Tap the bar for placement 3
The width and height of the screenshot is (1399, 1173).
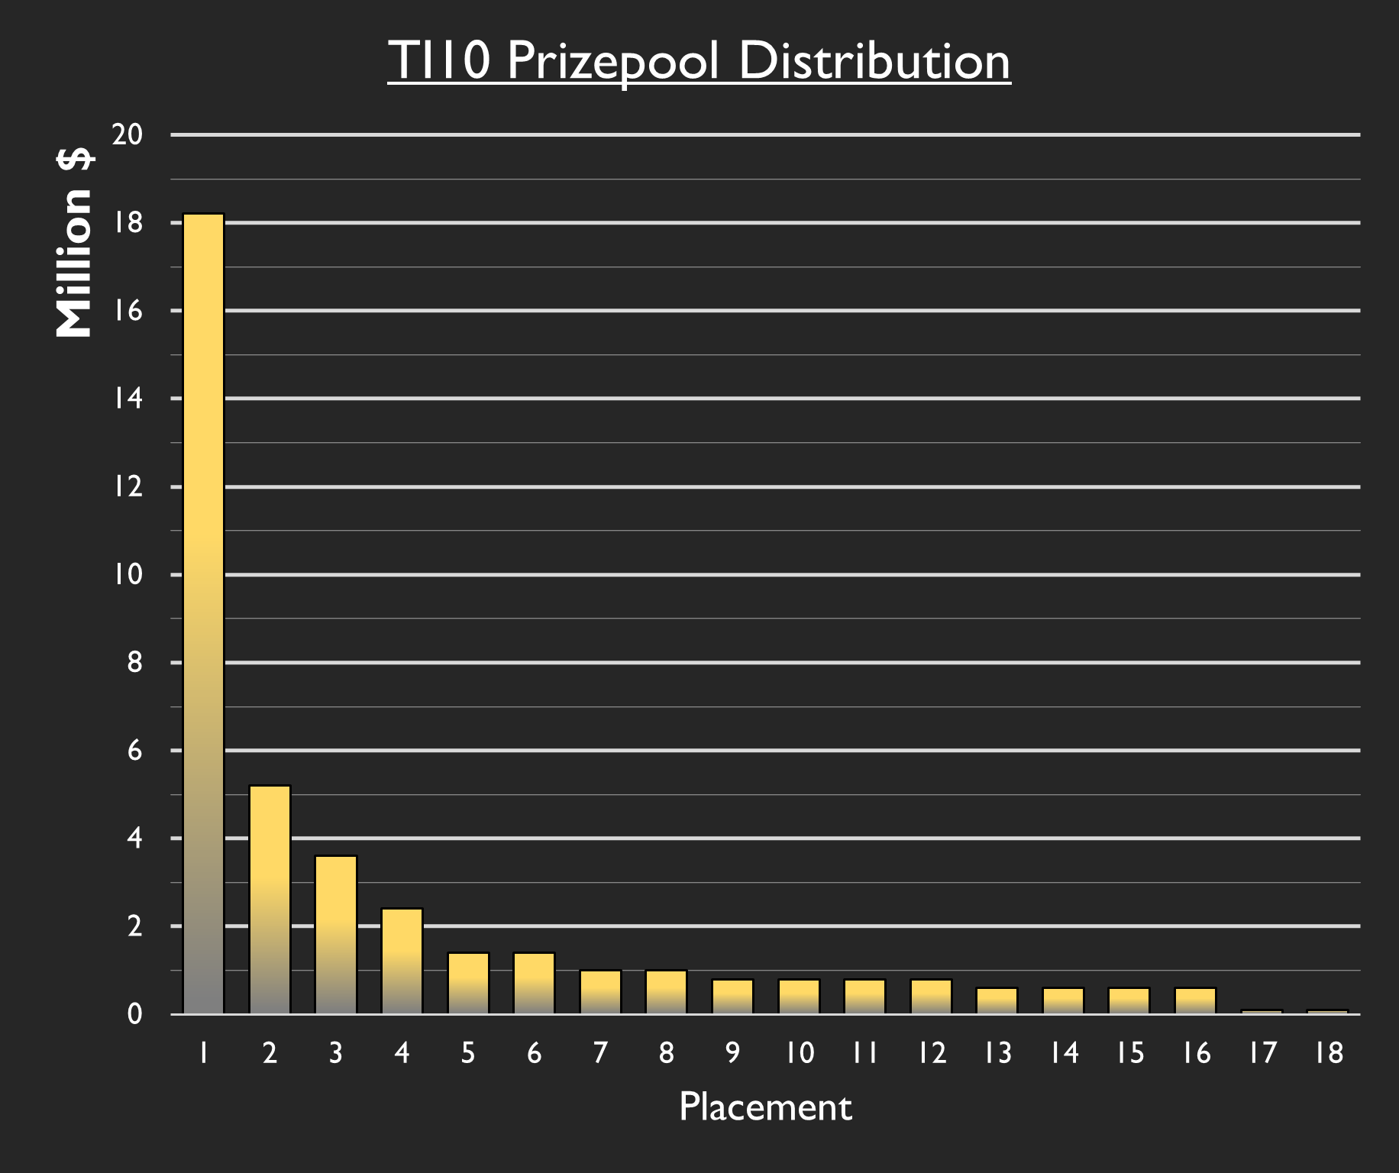(x=336, y=935)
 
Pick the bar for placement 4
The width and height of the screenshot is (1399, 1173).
(x=402, y=961)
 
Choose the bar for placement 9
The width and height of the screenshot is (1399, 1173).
(x=732, y=997)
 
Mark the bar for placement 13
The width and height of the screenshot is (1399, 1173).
(x=997, y=1001)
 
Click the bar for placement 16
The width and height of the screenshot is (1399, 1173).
(x=1195, y=1001)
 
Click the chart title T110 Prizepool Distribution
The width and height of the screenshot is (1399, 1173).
(x=699, y=60)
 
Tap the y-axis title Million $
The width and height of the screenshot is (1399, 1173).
(x=74, y=243)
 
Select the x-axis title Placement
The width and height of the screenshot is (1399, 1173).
(x=765, y=1107)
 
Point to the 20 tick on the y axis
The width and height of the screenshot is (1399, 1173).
(x=128, y=135)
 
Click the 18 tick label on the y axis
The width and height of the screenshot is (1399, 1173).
(x=128, y=223)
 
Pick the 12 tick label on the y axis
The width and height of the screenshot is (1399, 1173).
(x=128, y=486)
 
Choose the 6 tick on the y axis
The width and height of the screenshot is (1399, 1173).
(x=134, y=751)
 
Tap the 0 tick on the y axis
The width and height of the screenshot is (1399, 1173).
(x=134, y=1014)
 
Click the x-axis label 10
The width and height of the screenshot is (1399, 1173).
(x=800, y=1053)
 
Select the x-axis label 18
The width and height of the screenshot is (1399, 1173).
(x=1329, y=1053)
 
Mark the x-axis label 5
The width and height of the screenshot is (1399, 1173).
(x=468, y=1053)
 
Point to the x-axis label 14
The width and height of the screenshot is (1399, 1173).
(x=1064, y=1053)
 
